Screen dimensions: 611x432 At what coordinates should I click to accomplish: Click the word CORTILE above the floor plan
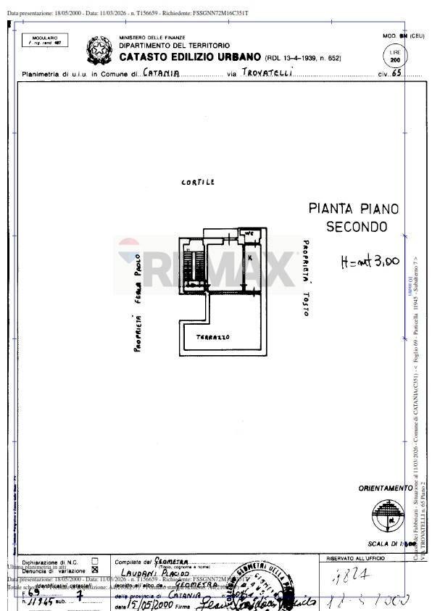(197, 183)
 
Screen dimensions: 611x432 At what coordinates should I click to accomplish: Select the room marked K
(249, 258)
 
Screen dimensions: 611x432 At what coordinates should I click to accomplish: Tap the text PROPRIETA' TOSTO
(306, 278)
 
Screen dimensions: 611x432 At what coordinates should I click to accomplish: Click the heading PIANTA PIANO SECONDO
(353, 217)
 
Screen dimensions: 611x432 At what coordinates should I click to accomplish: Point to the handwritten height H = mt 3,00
(370, 262)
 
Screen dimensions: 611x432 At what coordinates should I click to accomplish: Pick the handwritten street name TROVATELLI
(267, 72)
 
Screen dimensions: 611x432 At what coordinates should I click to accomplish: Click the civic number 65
(396, 73)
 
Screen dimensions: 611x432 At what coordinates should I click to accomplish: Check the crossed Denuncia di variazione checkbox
(95, 570)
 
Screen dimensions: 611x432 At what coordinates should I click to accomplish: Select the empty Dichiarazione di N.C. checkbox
(95, 561)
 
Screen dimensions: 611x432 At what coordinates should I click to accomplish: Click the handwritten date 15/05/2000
(149, 604)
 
